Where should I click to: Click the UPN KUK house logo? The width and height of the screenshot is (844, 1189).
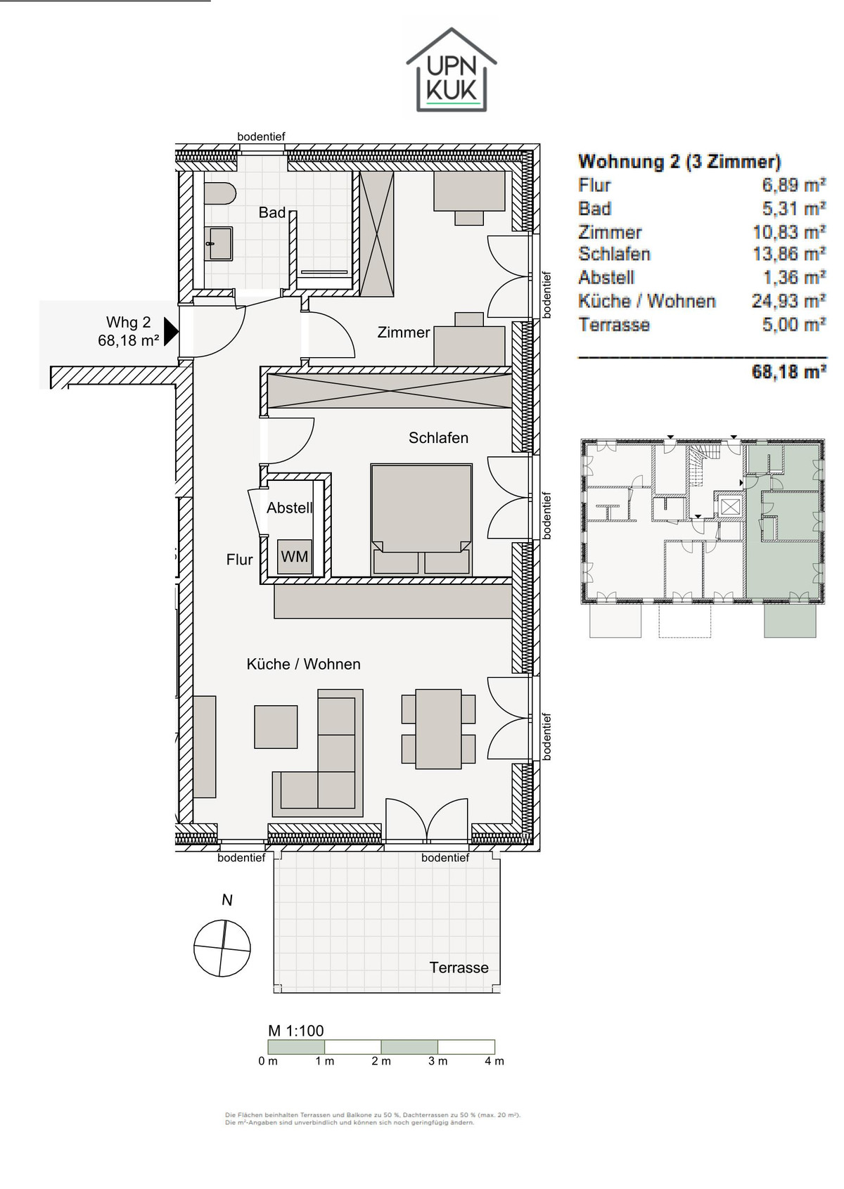tap(452, 70)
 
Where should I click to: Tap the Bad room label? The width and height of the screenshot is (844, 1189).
tap(271, 213)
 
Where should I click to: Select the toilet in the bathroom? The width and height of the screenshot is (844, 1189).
tap(219, 194)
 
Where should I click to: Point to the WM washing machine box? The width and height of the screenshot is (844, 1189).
tap(295, 556)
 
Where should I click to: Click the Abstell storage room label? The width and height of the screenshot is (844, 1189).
tap(289, 508)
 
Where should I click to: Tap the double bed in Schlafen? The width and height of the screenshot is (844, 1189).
tap(421, 520)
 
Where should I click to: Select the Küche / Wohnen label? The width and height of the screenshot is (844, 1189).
tap(304, 664)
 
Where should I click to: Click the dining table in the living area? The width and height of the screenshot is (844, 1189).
tap(438, 728)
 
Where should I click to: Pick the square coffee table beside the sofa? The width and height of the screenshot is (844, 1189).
tap(276, 726)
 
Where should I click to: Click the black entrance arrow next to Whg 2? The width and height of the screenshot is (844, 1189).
tap(171, 331)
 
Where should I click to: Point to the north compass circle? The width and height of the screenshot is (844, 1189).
tap(222, 948)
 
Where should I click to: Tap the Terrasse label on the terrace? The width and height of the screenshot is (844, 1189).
tap(459, 968)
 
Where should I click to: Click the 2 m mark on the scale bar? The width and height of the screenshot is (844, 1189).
tap(381, 1061)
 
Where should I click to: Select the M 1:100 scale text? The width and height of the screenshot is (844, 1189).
tap(295, 1030)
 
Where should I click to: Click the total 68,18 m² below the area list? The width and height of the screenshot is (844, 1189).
tap(789, 371)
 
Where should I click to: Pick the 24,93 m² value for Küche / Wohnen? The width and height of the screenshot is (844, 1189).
tap(789, 301)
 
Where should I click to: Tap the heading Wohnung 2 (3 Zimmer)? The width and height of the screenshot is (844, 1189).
tap(679, 161)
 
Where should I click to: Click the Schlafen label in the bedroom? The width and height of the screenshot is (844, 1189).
tap(438, 438)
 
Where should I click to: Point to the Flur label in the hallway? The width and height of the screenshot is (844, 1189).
tap(239, 560)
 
